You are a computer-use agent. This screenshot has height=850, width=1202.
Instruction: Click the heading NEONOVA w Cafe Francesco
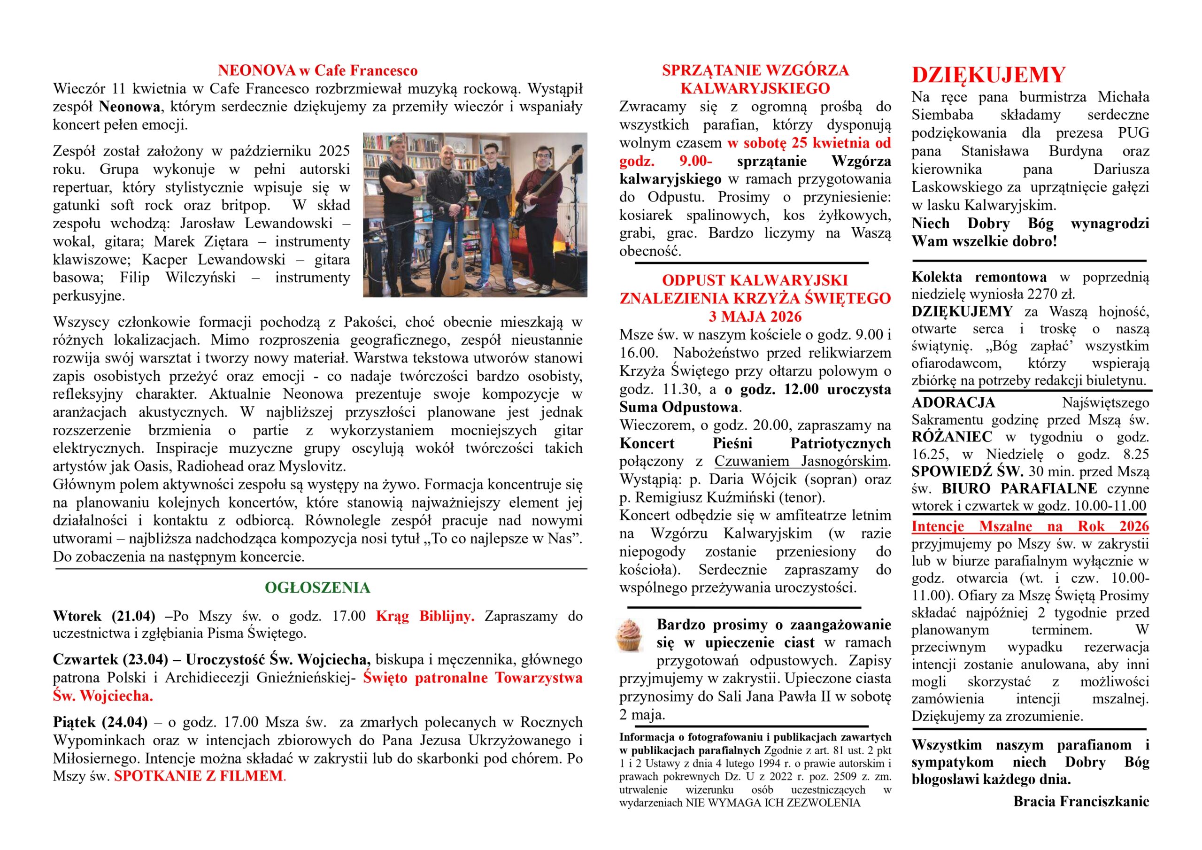click(x=317, y=71)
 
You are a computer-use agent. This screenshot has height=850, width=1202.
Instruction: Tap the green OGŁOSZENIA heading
click(x=317, y=587)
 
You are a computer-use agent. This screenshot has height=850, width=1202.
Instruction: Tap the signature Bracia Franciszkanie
click(x=1081, y=801)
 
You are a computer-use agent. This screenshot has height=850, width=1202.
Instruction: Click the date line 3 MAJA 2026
click(x=755, y=317)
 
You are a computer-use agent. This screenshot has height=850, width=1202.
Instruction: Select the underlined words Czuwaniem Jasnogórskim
click(x=801, y=462)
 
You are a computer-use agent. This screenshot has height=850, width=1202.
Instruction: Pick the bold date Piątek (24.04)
click(x=100, y=722)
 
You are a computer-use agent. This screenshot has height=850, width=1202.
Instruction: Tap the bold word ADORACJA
click(x=953, y=403)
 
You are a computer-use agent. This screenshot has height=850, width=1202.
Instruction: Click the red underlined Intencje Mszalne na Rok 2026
click(x=1030, y=526)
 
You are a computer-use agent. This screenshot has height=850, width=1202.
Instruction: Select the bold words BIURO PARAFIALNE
click(x=1019, y=488)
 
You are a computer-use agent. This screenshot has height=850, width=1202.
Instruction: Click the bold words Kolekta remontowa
click(x=979, y=277)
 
